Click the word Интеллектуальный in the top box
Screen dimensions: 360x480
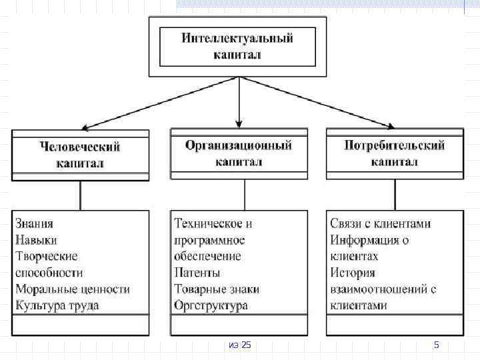[x=237, y=38]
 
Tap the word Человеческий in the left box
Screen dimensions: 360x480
[x=80, y=145]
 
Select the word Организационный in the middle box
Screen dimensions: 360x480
[x=238, y=145]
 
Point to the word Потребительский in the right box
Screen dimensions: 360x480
[x=394, y=145]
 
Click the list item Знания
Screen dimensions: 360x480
[x=34, y=224]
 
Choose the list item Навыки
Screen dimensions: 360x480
[x=36, y=240]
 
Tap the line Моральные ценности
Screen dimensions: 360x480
[x=72, y=289]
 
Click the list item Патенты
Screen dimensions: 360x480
[x=197, y=273]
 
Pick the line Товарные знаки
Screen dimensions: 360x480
[x=217, y=289]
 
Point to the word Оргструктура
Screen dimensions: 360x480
[x=211, y=306]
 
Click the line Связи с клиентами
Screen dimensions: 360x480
[x=381, y=224]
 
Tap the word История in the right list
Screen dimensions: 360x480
[x=353, y=273]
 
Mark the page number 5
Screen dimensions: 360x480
[x=437, y=345]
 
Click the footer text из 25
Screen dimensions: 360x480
[x=239, y=345]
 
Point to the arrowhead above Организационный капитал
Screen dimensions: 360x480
[x=239, y=123]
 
